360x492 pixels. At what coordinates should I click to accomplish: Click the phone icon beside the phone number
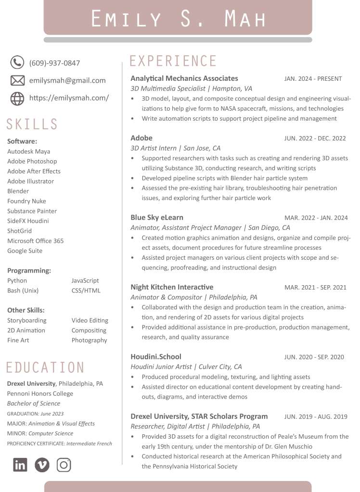17,63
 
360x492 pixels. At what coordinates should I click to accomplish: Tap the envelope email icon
17,80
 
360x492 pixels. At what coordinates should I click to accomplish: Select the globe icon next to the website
17,98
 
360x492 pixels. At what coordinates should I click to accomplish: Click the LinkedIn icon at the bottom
20,465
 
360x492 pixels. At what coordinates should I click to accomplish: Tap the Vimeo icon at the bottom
42,465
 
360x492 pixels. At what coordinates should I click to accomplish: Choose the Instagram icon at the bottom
64,465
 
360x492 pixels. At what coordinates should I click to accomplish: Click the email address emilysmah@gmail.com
67,80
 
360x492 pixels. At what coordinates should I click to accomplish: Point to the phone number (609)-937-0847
54,63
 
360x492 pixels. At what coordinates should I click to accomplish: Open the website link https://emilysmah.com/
69,98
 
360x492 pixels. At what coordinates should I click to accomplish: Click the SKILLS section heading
32,125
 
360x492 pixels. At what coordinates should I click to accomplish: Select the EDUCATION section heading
45,368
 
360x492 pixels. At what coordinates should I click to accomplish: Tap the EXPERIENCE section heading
173,61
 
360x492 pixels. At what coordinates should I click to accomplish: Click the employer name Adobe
141,138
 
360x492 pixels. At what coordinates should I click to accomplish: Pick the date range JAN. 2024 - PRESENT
313,79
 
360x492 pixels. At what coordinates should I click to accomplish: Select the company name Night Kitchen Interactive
172,287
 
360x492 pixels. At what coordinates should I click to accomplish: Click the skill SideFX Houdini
28,221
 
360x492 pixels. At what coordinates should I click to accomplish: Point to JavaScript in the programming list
85,280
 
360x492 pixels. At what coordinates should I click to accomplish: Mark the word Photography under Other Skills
89,340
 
